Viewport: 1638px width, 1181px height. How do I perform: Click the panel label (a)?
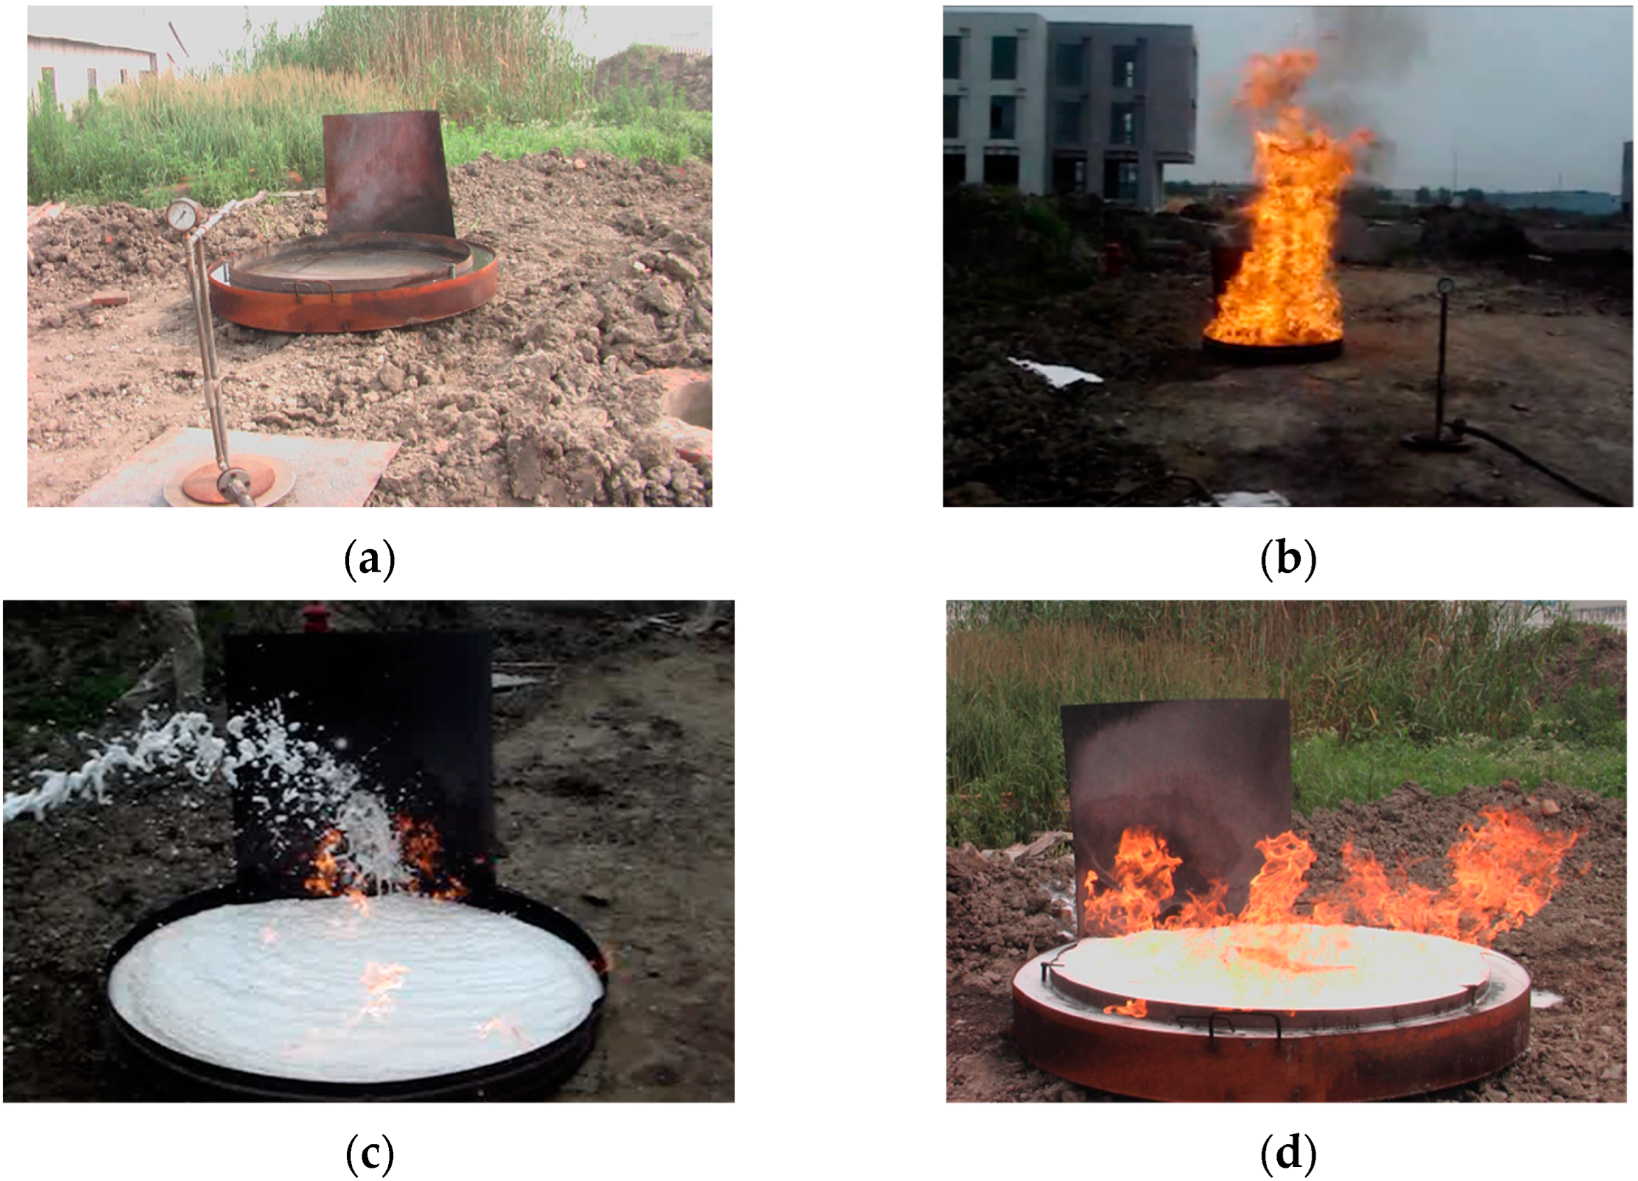point(369,559)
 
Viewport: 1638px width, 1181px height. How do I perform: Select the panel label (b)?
point(1288,559)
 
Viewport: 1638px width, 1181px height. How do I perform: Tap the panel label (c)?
point(369,1154)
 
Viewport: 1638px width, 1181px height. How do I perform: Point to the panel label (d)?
point(1288,1154)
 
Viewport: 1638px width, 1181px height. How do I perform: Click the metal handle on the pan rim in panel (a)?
point(312,289)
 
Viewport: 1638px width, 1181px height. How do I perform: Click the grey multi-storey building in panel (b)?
point(1069,108)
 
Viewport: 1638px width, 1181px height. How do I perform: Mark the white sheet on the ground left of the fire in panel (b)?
point(1055,372)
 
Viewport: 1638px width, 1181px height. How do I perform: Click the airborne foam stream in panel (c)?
point(180,765)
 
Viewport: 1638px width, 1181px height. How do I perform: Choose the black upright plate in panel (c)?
point(361,758)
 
